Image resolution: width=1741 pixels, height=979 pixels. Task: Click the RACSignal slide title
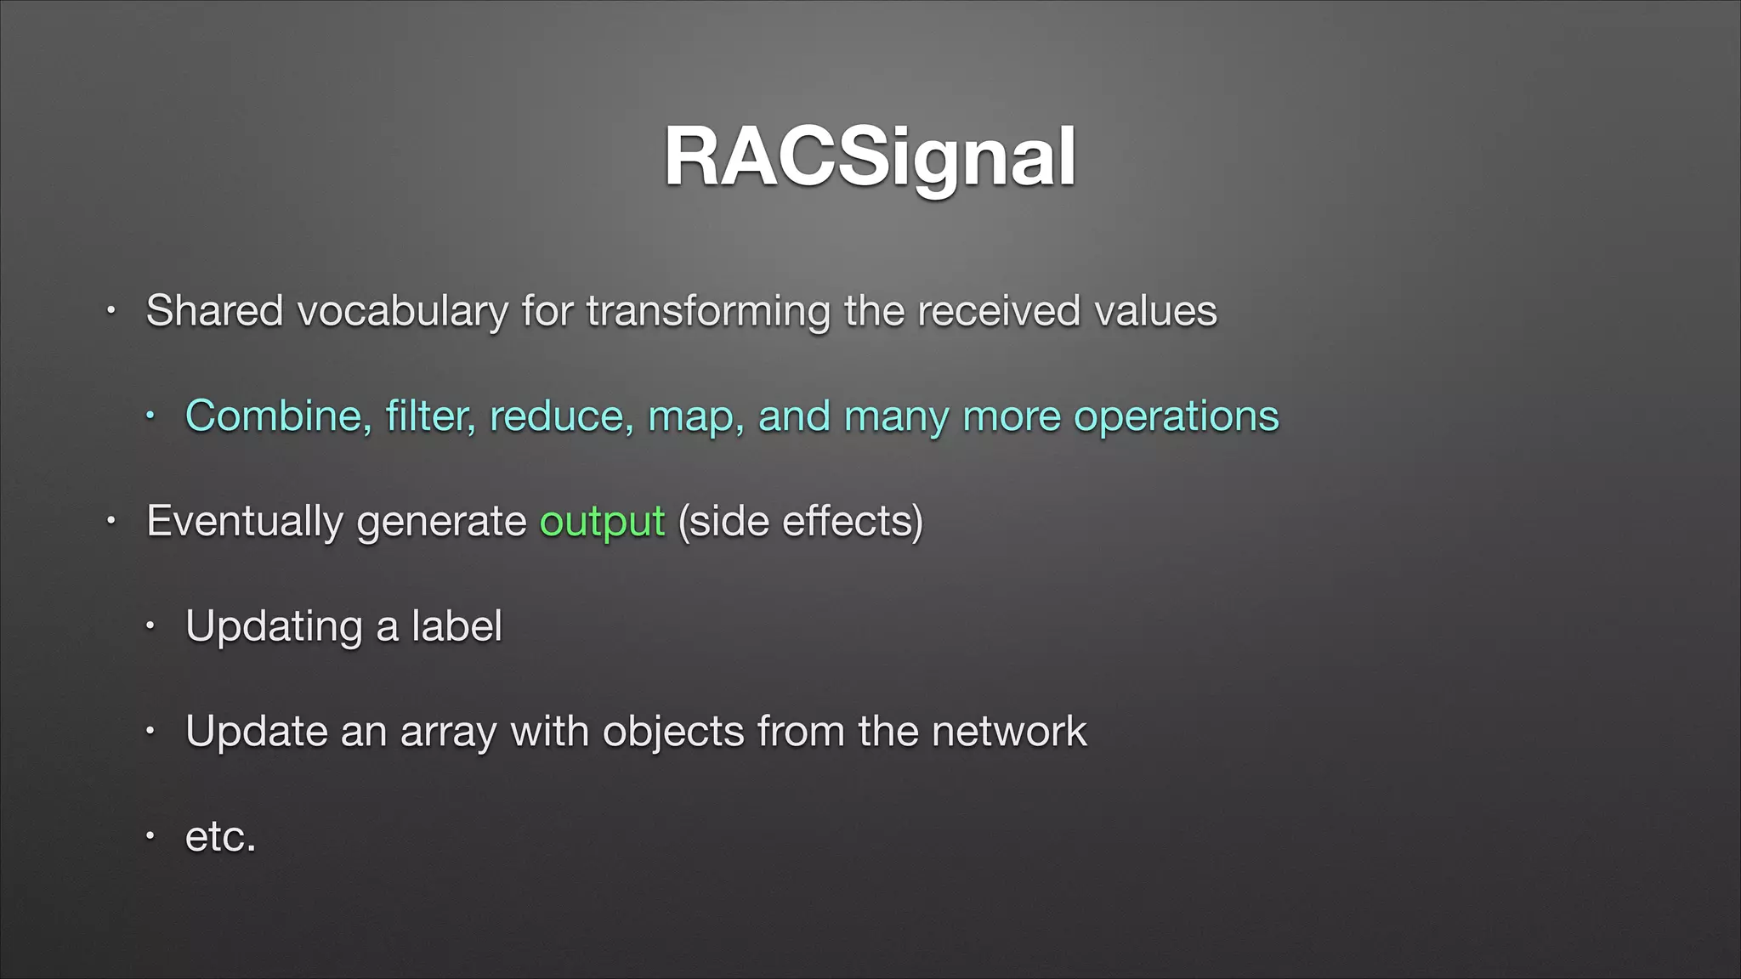870,158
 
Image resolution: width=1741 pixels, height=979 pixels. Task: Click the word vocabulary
402,311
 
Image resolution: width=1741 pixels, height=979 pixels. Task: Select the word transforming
707,311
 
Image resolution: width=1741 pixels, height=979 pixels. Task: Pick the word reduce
561,416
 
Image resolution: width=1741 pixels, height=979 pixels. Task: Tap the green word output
602,522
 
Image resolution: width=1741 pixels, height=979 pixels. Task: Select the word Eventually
244,522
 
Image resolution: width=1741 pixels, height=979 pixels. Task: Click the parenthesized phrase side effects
800,522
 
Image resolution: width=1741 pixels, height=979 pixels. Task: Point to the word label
457,626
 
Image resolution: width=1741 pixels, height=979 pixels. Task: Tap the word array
447,733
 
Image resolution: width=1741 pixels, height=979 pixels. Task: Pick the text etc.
220,837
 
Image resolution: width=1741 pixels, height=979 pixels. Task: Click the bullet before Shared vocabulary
110,311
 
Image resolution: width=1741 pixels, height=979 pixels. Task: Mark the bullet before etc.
150,837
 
